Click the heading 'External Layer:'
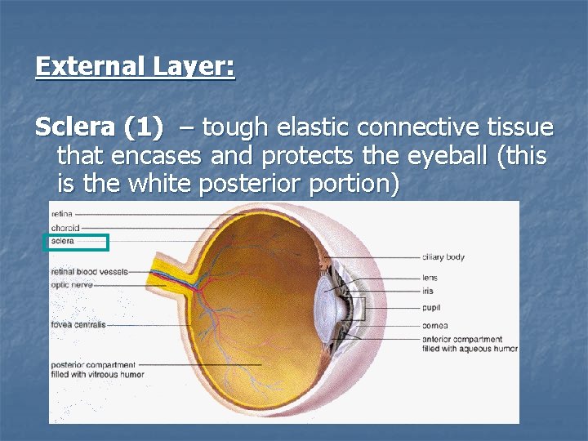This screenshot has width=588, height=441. [135, 66]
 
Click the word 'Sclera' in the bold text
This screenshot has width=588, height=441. [75, 128]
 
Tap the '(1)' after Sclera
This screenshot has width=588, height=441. [143, 128]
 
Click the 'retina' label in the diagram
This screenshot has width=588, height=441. [61, 214]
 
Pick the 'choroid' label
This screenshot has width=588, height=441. [65, 228]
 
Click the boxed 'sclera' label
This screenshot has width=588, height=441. [63, 242]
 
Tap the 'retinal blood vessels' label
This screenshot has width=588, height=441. [89, 271]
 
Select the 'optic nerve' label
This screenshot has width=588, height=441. [72, 285]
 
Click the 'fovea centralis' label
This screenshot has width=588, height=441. [78, 325]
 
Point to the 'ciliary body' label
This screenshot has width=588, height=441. [443, 257]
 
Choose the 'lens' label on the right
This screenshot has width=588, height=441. [430, 278]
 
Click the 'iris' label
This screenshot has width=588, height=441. [428, 291]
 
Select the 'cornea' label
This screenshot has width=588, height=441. [434, 325]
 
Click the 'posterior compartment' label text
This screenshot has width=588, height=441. [92, 365]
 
